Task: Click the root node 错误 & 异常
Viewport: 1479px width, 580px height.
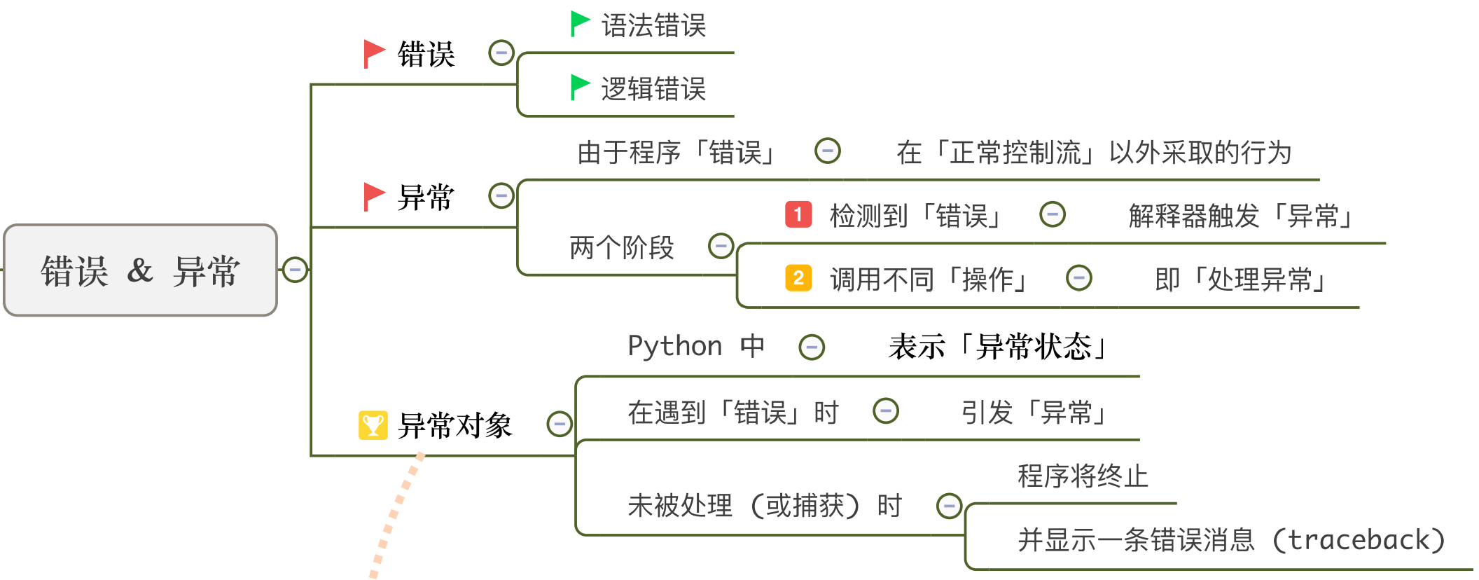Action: [140, 270]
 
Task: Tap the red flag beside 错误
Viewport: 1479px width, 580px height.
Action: [374, 53]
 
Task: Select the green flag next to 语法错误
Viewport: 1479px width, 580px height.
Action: [580, 24]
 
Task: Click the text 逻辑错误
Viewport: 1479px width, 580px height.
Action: [653, 89]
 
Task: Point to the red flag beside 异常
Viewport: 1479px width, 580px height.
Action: [374, 196]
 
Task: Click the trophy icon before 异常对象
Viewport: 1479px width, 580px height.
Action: [373, 424]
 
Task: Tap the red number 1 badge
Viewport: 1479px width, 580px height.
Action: [798, 214]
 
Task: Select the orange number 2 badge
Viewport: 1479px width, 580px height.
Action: [798, 278]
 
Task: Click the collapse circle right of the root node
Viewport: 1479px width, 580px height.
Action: [295, 270]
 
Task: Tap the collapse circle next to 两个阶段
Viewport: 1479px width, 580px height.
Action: [721, 246]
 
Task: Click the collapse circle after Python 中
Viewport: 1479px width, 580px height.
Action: [812, 347]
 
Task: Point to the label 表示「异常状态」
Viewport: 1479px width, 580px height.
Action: [999, 346]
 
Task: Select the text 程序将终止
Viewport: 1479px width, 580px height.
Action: [1083, 476]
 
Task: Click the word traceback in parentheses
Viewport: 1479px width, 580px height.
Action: [1358, 540]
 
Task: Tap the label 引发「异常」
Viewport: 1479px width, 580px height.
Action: [1035, 413]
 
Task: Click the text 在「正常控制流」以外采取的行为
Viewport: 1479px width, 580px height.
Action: [1094, 152]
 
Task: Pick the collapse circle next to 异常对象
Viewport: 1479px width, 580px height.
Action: [559, 424]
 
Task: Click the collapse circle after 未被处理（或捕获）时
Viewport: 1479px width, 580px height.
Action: [949, 505]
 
